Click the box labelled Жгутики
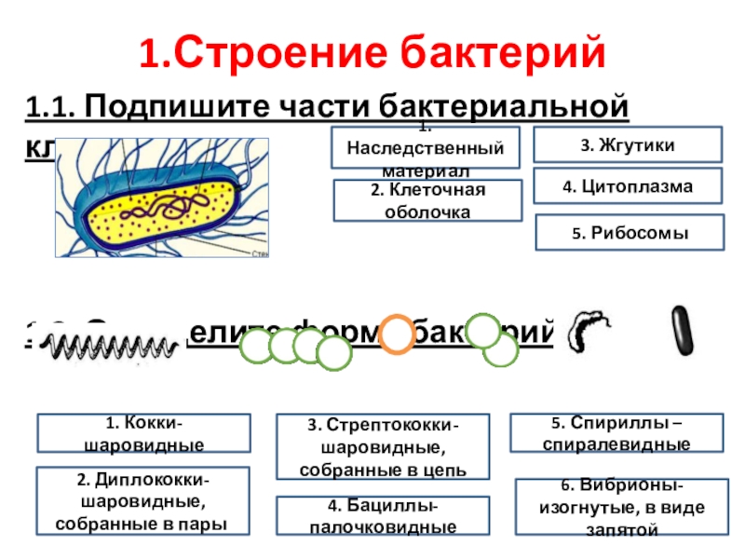pyautogui.click(x=627, y=145)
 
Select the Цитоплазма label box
pyautogui.click(x=628, y=186)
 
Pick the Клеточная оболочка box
pyautogui.click(x=427, y=200)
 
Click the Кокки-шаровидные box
pyautogui.click(x=143, y=433)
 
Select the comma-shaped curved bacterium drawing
pyautogui.click(x=590, y=328)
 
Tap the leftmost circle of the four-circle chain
pyautogui.click(x=258, y=347)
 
